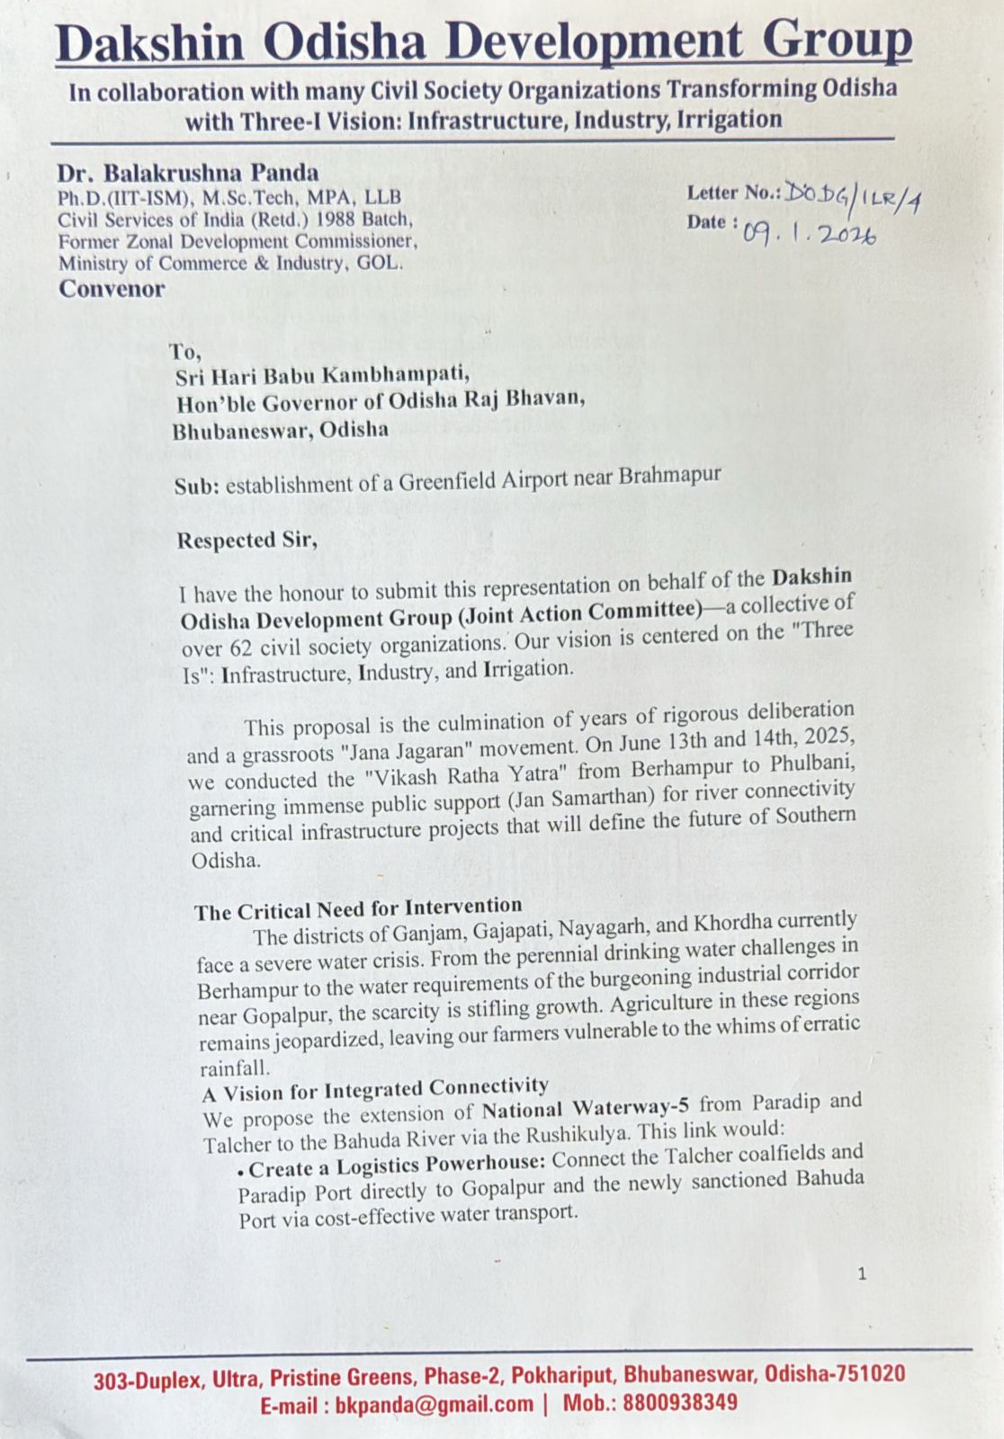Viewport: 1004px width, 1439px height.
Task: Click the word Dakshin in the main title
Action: click(x=149, y=43)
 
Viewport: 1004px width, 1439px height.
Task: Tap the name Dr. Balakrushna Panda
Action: click(x=188, y=172)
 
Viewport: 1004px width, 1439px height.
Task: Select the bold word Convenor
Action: click(x=112, y=289)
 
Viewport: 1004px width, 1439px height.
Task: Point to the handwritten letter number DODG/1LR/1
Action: click(x=852, y=195)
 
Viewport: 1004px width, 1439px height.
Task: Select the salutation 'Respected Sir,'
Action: click(x=247, y=540)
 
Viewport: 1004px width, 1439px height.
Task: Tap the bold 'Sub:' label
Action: click(x=196, y=487)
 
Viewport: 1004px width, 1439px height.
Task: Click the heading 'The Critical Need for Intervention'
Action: click(x=358, y=908)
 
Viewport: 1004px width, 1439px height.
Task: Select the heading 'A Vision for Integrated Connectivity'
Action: click(x=375, y=1090)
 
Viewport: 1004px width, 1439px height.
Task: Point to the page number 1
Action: click(x=862, y=1273)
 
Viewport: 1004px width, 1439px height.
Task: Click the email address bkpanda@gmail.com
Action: click(x=434, y=1405)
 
